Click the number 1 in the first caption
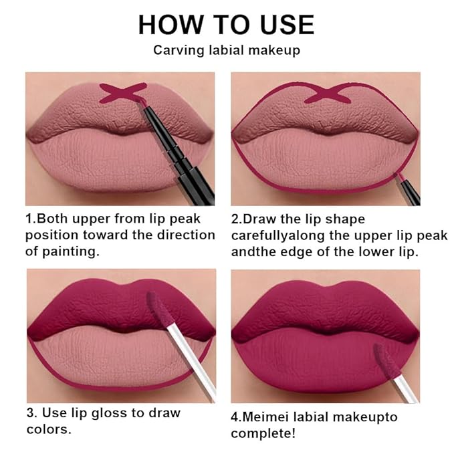point(29,219)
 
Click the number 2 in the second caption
point(235,219)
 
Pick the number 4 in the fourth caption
point(235,417)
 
